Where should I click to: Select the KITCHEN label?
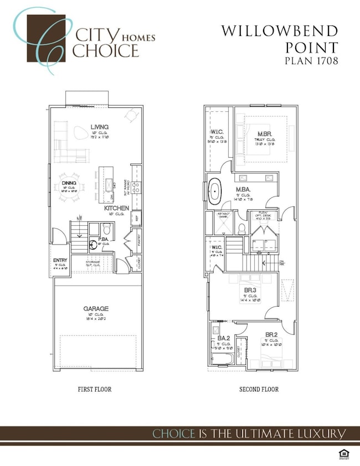[x=116, y=208]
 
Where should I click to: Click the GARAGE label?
[x=96, y=309]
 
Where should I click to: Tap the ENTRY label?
[x=60, y=261]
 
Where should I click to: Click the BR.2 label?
[x=271, y=335]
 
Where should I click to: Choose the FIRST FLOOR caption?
[x=94, y=390]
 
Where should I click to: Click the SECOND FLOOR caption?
[x=259, y=390]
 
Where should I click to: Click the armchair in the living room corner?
[x=131, y=116]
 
